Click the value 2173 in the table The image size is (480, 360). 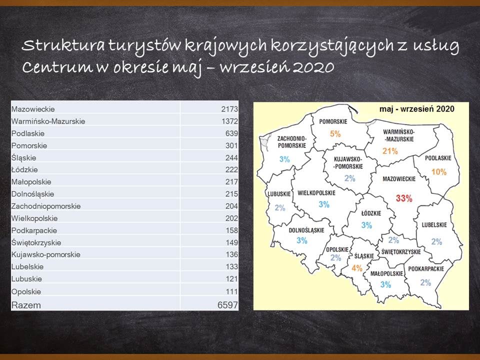point(229,109)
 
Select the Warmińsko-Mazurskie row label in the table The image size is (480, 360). point(48,121)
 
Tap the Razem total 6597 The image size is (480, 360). point(227,305)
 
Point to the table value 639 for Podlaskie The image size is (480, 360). point(231,133)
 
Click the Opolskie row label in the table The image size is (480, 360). point(26,291)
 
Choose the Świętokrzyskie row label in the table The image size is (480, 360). point(36,242)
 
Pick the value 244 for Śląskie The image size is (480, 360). point(231,157)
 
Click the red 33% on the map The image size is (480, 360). point(404,198)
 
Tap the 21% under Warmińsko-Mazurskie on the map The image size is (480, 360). point(390,151)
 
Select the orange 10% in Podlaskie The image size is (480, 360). point(439,171)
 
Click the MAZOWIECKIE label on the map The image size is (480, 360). point(399,179)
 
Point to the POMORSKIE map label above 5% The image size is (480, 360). point(333,121)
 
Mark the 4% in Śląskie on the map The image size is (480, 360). point(357,268)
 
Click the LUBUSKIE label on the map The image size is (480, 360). point(279,194)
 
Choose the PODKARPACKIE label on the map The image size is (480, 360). point(426,269)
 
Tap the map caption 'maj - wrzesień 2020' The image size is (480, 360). point(417,109)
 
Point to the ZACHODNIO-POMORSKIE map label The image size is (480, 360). point(291,141)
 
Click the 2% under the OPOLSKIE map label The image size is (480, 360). point(336,258)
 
